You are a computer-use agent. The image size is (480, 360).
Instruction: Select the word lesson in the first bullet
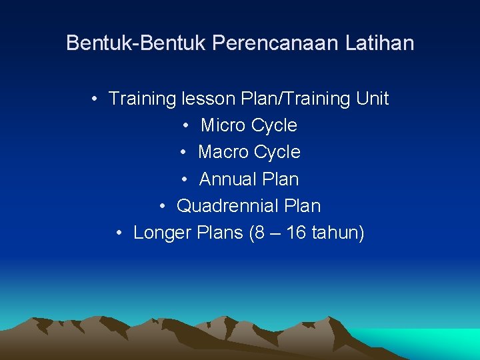point(206,99)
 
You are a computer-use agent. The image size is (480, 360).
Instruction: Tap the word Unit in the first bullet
point(373,99)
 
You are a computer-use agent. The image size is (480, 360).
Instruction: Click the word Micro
point(223,125)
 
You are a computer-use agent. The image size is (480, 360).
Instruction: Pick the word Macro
point(222,152)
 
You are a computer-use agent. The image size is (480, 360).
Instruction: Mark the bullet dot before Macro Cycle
point(185,153)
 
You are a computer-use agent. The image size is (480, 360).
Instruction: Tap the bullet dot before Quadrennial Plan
point(163,207)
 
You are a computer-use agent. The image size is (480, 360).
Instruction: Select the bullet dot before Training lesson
point(96,99)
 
